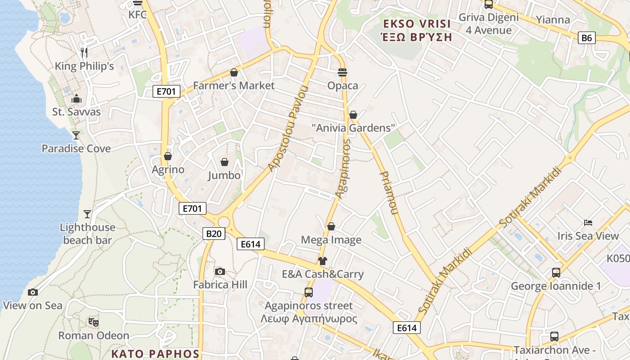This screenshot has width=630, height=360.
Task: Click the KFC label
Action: click(138, 14)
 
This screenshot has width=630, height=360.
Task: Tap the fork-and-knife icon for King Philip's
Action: click(84, 53)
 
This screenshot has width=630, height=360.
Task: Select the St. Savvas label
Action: click(76, 112)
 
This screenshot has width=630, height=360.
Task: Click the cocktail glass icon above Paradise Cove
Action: click(76, 135)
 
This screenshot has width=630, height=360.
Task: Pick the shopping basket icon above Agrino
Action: click(168, 156)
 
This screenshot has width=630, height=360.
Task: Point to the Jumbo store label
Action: click(224, 175)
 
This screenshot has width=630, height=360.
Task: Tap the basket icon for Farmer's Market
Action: click(234, 72)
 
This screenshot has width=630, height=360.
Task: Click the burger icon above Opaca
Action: click(342, 72)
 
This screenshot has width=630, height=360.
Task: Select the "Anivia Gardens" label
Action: click(353, 128)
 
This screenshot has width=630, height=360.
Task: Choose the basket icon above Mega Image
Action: click(331, 226)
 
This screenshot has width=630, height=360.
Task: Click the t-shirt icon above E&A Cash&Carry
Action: click(322, 261)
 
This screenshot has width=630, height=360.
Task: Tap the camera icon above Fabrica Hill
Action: click(220, 271)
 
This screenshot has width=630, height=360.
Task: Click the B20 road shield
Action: click(214, 234)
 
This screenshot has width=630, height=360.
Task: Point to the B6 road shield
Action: click(587, 38)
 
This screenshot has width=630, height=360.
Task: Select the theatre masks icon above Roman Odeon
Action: click(94, 322)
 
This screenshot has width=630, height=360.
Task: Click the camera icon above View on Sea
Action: click(32, 292)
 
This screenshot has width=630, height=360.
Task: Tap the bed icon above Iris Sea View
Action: click(588, 222)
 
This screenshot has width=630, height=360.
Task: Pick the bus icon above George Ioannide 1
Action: click(556, 273)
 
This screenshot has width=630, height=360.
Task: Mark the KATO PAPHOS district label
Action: click(155, 354)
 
